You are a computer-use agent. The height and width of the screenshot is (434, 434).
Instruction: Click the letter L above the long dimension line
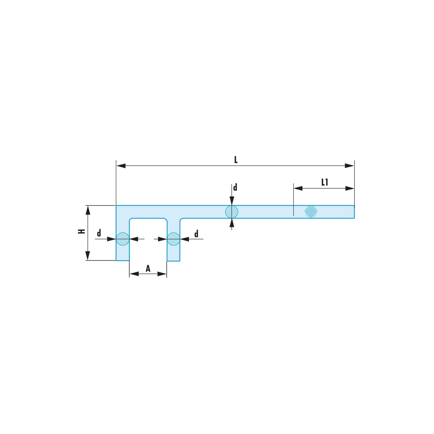point(236,159)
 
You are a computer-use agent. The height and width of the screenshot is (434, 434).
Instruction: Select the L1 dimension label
point(325,182)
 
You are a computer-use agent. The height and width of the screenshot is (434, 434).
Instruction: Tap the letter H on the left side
point(81,232)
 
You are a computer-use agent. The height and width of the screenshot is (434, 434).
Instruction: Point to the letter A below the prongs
point(148,269)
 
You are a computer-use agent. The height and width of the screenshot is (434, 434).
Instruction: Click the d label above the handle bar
point(235,187)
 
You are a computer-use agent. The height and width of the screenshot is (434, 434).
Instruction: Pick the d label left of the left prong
point(99,233)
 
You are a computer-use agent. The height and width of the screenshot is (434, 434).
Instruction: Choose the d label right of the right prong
point(196,234)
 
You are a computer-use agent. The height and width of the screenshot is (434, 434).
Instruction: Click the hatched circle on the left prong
point(122,238)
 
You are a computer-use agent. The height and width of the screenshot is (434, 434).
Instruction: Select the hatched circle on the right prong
point(174,238)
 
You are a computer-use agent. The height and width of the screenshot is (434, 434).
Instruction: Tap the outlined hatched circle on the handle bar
point(231,212)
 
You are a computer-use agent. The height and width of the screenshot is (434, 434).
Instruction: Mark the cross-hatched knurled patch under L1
point(311,211)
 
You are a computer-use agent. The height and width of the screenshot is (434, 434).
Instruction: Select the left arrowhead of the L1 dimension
point(298,188)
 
